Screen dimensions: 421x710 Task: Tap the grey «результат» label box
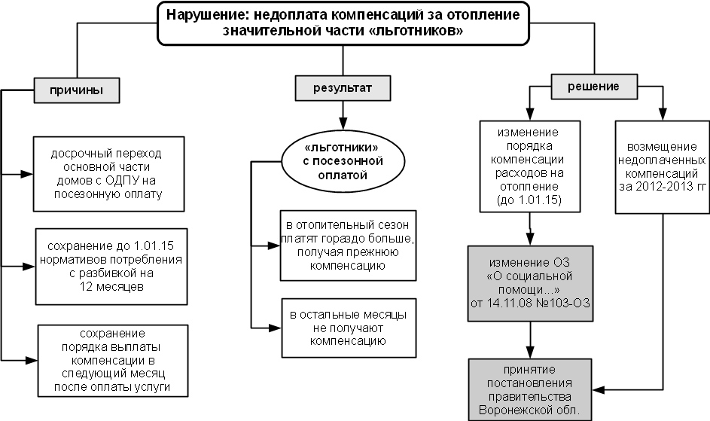point(343,90)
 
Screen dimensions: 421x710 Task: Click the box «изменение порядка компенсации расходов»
point(532,166)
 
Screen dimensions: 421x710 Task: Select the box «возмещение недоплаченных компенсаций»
point(661,166)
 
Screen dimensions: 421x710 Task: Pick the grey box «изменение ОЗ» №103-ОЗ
point(532,282)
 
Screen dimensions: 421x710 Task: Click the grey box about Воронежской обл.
point(532,389)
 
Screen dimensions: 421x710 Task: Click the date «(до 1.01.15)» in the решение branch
point(532,201)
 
